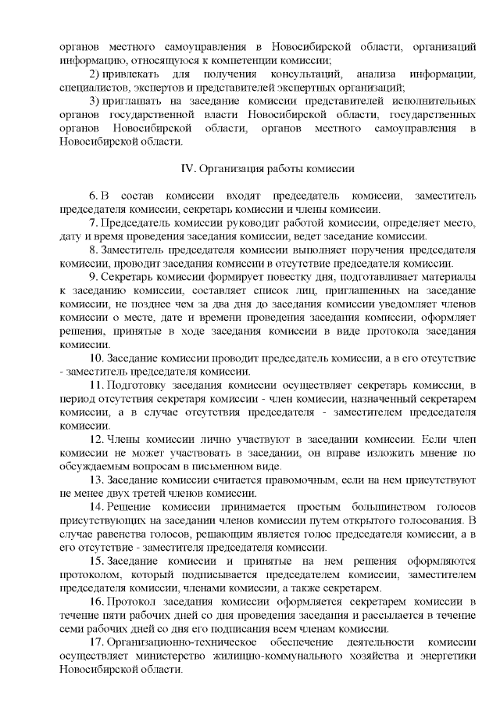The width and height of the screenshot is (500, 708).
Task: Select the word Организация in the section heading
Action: pos(230,168)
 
